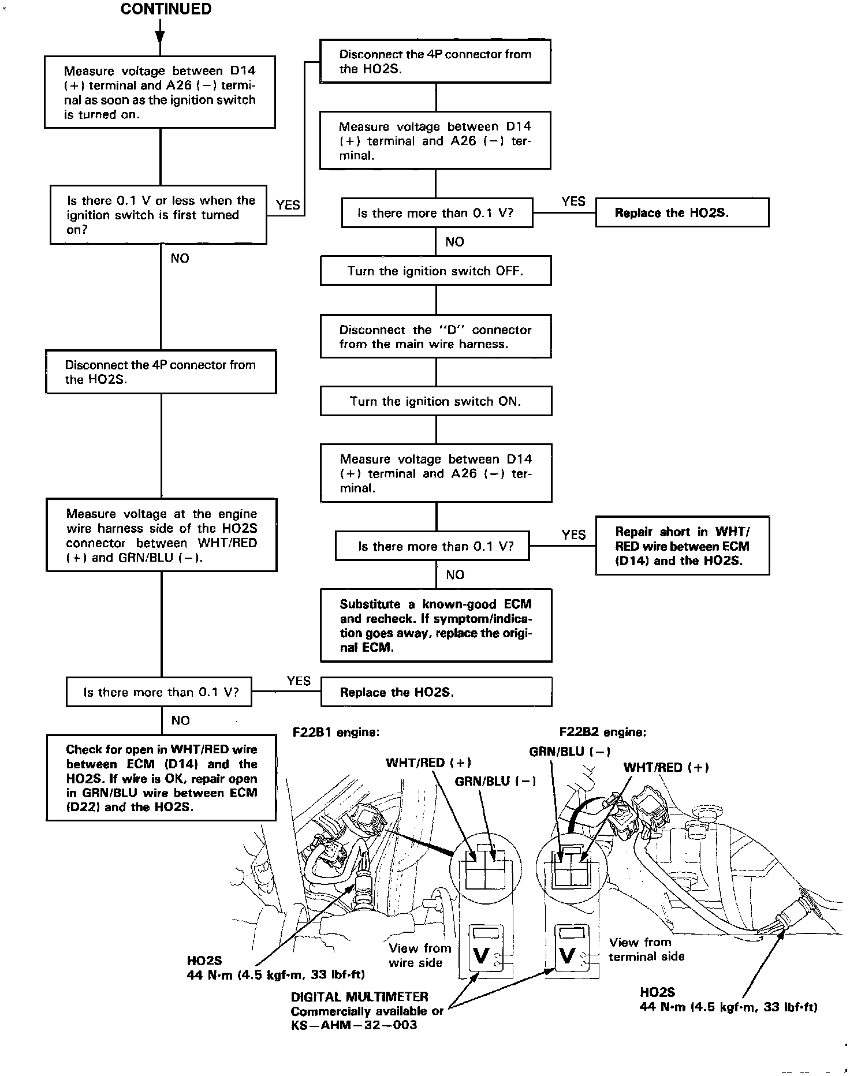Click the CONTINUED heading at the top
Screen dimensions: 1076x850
tap(166, 9)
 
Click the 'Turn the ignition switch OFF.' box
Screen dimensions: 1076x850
tap(435, 271)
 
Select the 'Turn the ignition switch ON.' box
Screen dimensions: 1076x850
tap(435, 401)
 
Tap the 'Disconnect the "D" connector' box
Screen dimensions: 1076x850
tap(435, 337)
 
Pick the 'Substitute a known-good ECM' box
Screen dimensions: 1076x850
tap(435, 625)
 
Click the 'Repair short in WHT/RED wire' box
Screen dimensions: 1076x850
tap(682, 546)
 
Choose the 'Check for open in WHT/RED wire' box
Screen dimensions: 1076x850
tap(161, 778)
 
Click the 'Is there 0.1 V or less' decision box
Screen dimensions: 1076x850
tap(158, 215)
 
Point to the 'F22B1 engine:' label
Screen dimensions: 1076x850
tap(336, 732)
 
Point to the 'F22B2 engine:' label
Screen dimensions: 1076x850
tap(603, 732)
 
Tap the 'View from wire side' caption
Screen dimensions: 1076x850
tap(419, 955)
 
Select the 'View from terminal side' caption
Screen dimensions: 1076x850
tap(646, 949)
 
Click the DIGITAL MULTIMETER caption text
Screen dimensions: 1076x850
tap(359, 996)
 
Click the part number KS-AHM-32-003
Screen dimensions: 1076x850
tap(353, 1025)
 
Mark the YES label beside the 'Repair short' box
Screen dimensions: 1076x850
tap(573, 535)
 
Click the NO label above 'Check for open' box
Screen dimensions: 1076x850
tap(180, 720)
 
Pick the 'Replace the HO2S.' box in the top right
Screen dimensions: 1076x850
tap(682, 212)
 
